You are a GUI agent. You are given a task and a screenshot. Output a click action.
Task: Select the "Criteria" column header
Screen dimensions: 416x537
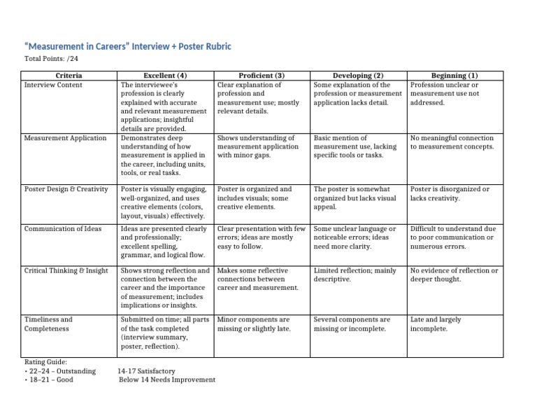[x=69, y=75]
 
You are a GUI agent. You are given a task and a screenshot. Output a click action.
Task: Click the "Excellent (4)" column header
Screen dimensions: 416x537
[x=165, y=75]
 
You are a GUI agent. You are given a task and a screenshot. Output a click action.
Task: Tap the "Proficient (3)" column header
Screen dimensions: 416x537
[x=262, y=75]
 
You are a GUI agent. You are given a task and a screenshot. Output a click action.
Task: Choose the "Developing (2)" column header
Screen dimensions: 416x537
[x=358, y=75]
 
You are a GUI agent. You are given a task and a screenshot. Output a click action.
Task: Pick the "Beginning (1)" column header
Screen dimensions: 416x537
[x=454, y=75]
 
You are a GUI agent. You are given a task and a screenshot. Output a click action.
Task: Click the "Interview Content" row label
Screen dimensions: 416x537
[x=53, y=85]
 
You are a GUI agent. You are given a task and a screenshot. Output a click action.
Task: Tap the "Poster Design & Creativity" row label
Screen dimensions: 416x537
[x=66, y=189]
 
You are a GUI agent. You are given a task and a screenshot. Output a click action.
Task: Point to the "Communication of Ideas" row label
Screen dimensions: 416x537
[x=62, y=228]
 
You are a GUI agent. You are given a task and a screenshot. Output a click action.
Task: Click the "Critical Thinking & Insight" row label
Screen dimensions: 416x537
[x=66, y=270]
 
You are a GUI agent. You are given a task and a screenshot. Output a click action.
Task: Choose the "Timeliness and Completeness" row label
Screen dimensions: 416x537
[x=48, y=324]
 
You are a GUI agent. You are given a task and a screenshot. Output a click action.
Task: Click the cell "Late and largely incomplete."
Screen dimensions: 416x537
[x=436, y=324]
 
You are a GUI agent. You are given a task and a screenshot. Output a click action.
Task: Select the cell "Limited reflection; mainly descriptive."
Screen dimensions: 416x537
[x=355, y=275]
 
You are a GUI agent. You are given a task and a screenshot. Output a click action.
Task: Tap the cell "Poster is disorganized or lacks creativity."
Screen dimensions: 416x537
[x=450, y=193]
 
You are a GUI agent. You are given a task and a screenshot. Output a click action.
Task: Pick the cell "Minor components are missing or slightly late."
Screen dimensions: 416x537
[x=254, y=324]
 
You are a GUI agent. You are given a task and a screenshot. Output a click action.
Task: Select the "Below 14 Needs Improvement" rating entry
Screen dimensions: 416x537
[x=167, y=380]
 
